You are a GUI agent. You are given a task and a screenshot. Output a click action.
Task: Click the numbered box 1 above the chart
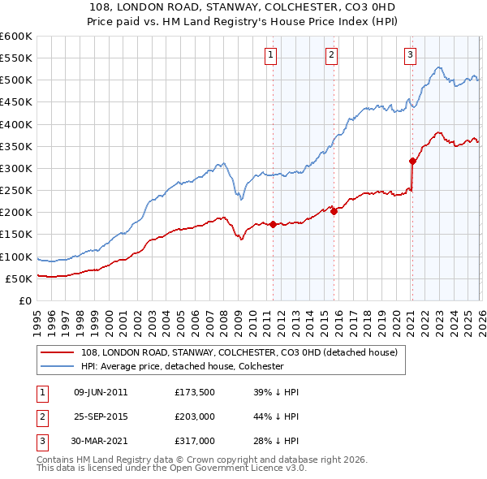tap(270, 55)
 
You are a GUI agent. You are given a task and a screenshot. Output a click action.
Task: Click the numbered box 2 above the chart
tap(332, 55)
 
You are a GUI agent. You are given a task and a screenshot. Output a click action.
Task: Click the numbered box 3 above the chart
tap(411, 55)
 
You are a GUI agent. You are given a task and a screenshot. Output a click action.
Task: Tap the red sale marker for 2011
tap(273, 224)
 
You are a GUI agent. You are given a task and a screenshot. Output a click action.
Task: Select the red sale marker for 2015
tap(334, 211)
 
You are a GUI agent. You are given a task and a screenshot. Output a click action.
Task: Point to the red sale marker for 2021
tap(412, 161)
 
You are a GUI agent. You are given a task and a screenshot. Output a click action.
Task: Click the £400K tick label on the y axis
tap(16, 124)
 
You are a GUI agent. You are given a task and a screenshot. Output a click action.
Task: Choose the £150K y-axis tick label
tap(16, 235)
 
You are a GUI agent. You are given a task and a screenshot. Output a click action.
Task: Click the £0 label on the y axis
tap(24, 300)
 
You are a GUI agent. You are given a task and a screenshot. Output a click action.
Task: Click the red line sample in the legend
tap(58, 352)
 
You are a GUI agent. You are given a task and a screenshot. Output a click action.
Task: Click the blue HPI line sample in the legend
tap(58, 366)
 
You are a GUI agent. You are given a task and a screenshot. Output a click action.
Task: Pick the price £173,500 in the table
tap(195, 392)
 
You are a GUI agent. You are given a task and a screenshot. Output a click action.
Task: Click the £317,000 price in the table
tap(195, 441)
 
